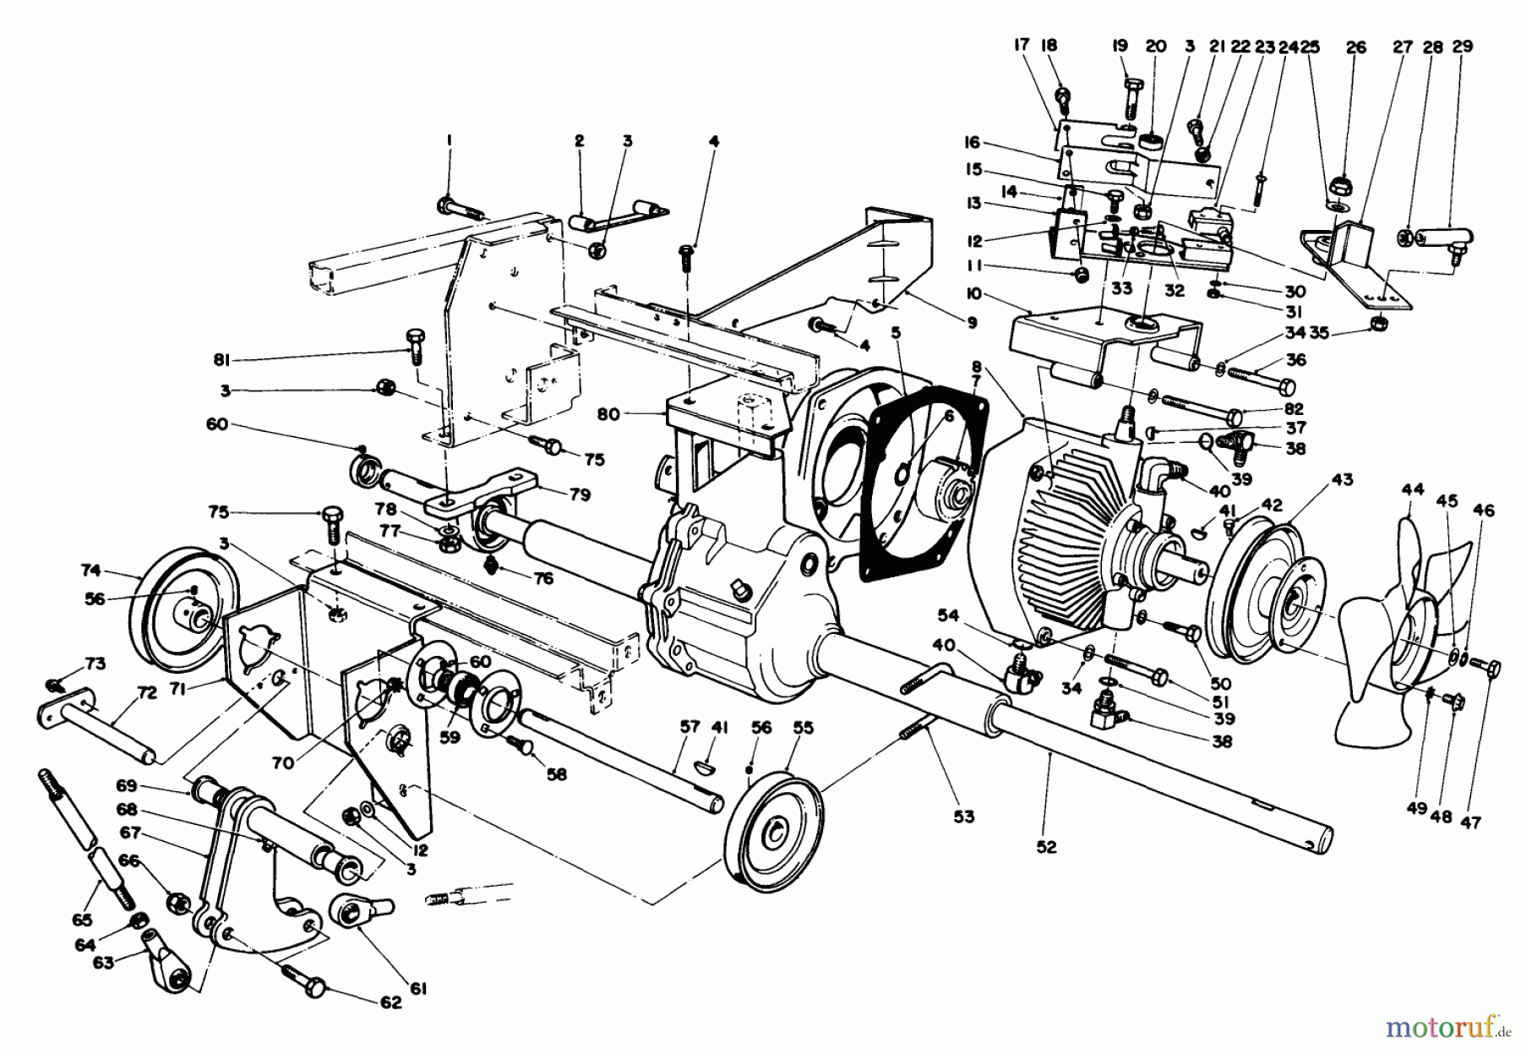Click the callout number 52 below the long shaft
coord(1046,846)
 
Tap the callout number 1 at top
coord(450,142)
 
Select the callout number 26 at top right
coord(1355,47)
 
